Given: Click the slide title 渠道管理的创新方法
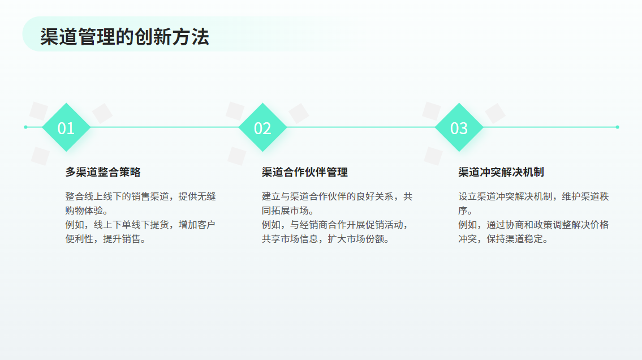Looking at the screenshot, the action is pyautogui.click(x=124, y=36).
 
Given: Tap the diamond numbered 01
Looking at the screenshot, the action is pyautogui.click(x=66, y=127).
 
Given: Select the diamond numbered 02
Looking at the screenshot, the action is pyautogui.click(x=262, y=127).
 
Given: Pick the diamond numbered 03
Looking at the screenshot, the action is pyautogui.click(x=459, y=127).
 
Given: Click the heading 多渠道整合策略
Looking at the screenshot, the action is pyautogui.click(x=103, y=172).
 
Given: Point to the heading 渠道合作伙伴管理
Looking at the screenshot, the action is pyautogui.click(x=305, y=172).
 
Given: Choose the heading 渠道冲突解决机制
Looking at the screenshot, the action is pyautogui.click(x=501, y=172).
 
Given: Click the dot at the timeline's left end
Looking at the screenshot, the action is pyautogui.click(x=26, y=127).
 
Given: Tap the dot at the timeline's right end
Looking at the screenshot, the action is pyautogui.click(x=618, y=127).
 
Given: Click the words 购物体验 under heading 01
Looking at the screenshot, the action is pyautogui.click(x=84, y=211).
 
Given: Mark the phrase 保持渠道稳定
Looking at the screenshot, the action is pyautogui.click(x=515, y=239).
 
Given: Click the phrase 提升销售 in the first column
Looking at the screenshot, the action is pyautogui.click(x=122, y=239).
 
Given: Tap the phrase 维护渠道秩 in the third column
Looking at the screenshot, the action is pyautogui.click(x=585, y=196).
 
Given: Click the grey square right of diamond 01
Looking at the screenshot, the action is pyautogui.click(x=102, y=113).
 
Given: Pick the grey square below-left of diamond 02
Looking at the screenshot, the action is pyautogui.click(x=237, y=156).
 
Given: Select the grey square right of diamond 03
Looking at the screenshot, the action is pyautogui.click(x=495, y=113).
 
